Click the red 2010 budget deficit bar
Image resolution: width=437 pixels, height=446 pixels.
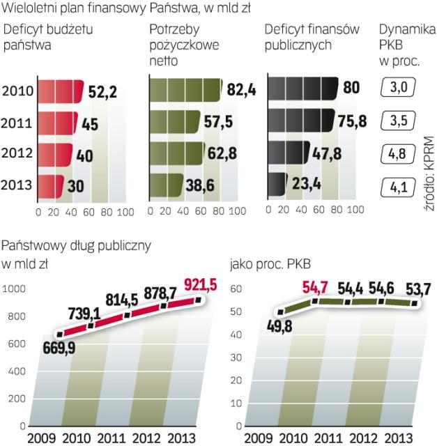[x=59, y=91]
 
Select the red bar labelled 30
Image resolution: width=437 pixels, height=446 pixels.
[x=49, y=187]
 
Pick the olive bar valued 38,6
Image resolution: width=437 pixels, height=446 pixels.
[x=166, y=187]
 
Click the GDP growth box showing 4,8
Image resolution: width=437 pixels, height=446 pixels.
[x=399, y=154]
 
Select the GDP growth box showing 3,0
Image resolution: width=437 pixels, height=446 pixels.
[x=399, y=87]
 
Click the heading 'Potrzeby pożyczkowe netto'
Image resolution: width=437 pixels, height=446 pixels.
[x=184, y=45]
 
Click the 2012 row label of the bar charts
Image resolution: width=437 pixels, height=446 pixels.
[x=15, y=154]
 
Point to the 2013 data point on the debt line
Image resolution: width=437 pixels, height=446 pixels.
[x=198, y=300]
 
